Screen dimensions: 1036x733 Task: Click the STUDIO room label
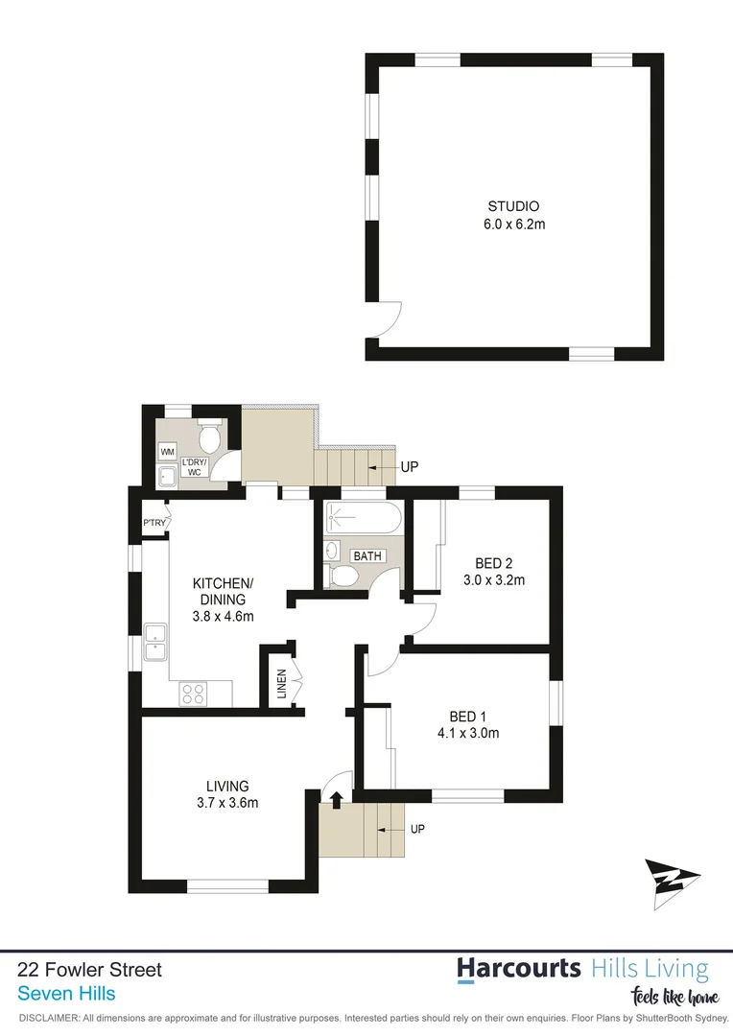coord(513,206)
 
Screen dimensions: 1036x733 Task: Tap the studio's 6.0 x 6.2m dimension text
coord(513,224)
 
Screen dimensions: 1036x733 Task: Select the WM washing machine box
coord(168,451)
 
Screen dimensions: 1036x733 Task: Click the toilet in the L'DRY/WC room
coord(210,436)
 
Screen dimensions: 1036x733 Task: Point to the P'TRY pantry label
coord(154,523)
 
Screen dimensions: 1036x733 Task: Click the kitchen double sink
coord(154,642)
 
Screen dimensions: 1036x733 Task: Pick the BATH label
coord(367,556)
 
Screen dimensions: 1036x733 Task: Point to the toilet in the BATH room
coord(342,576)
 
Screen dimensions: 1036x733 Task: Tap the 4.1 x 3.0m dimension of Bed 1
coord(474,734)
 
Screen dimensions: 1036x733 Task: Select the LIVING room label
coord(226,786)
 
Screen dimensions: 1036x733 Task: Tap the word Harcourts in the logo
coord(518,967)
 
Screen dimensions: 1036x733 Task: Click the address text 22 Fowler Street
coord(90,970)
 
